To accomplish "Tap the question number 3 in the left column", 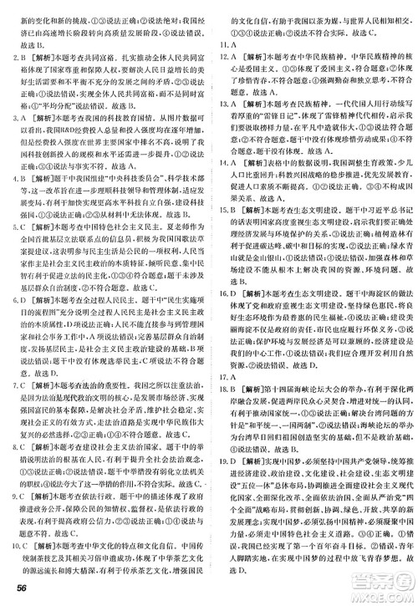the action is point(11,118).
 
